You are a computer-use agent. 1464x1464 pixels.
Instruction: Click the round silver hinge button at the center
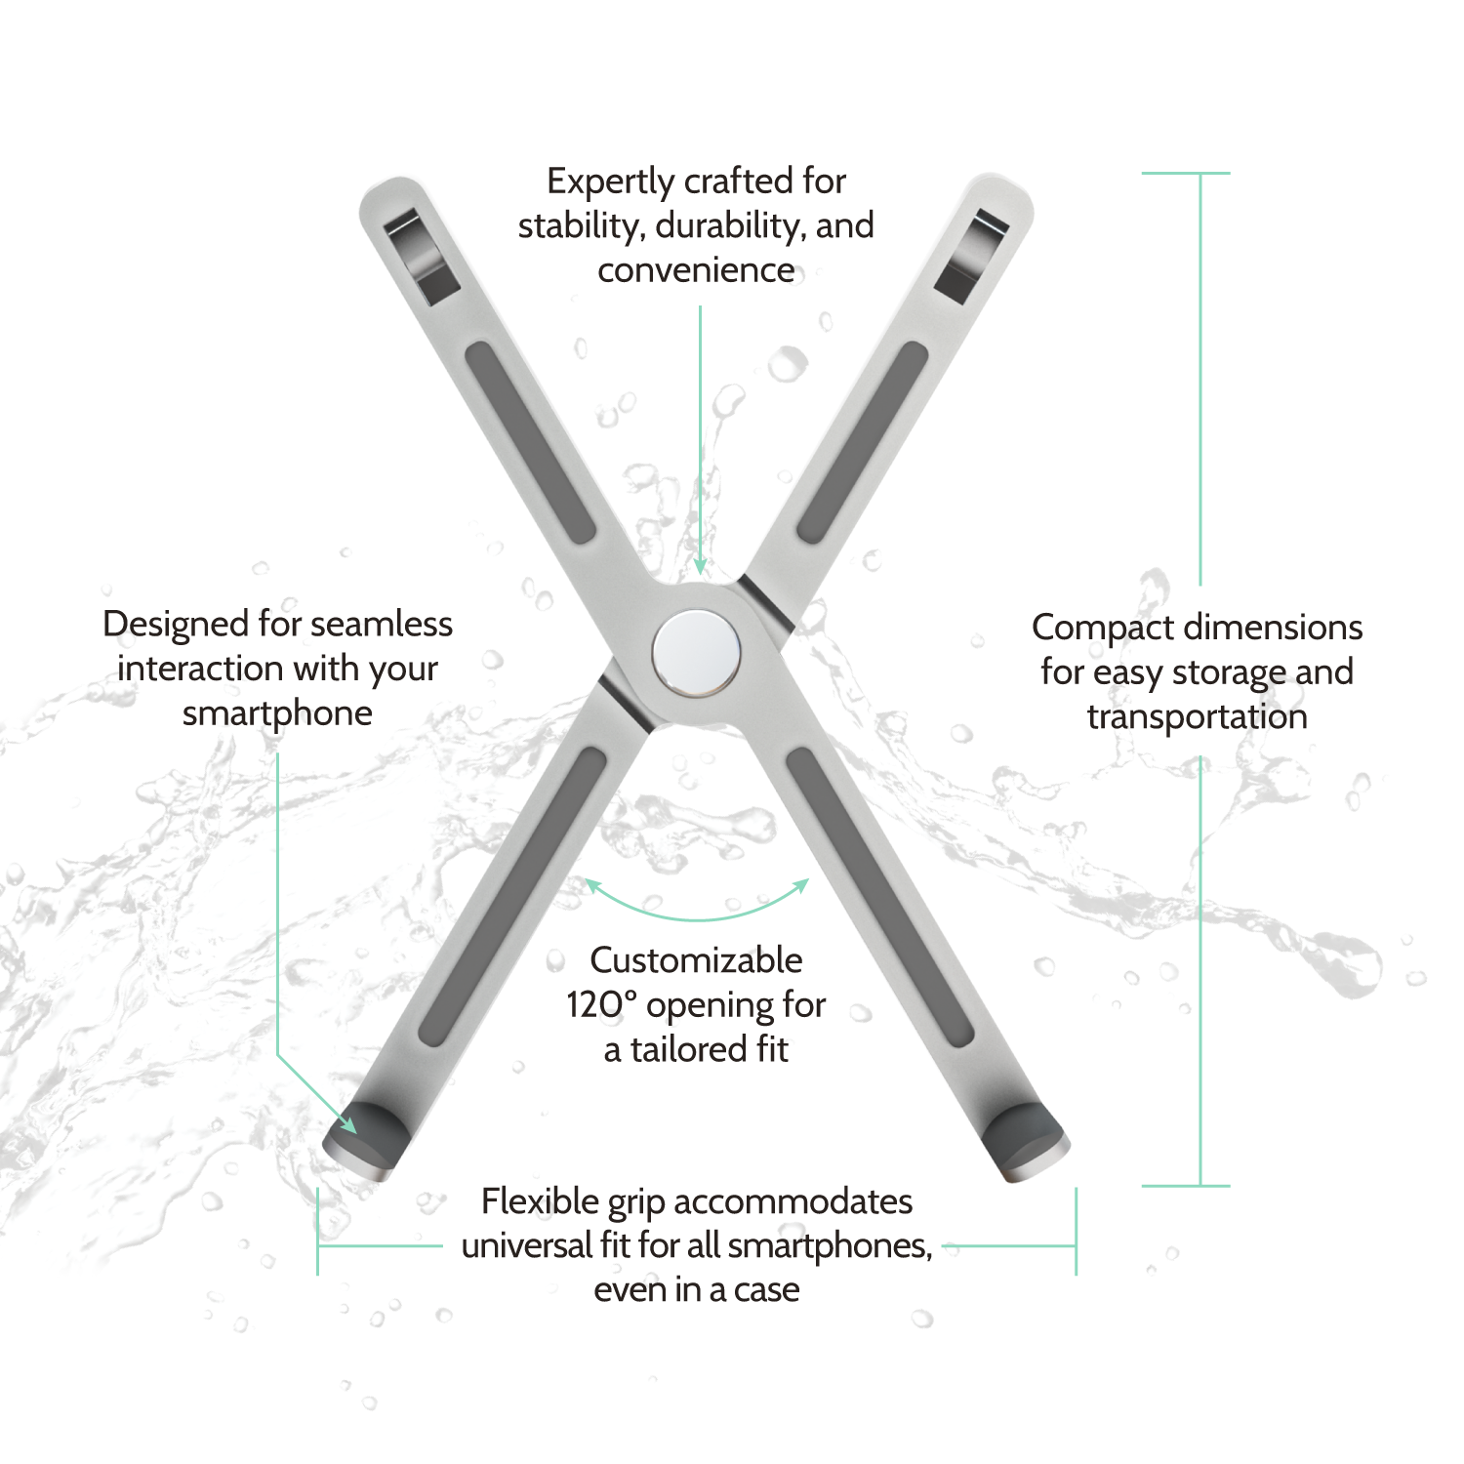696,653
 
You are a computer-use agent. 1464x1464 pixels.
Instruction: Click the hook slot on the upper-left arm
421,257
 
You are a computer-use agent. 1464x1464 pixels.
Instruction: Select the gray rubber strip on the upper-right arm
863,442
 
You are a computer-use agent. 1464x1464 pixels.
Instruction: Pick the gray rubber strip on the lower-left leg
513,896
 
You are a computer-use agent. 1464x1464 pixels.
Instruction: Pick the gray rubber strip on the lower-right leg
880,896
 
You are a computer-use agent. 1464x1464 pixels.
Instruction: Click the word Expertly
611,183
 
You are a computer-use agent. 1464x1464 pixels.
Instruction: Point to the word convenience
696,270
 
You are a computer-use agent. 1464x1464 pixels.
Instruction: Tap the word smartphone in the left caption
277,713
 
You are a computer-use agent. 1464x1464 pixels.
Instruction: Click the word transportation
1198,717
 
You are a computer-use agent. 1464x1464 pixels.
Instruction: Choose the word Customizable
696,960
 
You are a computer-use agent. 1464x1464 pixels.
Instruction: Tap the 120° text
601,1005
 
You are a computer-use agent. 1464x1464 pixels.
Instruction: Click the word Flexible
540,1201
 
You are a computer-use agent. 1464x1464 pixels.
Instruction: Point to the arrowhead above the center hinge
700,565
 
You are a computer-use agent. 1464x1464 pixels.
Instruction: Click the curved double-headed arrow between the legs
697,918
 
